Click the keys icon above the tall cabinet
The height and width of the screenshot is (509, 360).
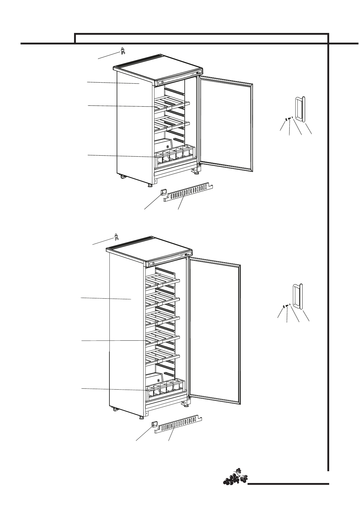pyautogui.click(x=116, y=237)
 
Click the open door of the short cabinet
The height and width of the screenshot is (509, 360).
pyautogui.click(x=225, y=124)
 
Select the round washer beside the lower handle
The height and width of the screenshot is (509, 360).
pyautogui.click(x=284, y=306)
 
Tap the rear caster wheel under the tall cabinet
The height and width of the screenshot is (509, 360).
pyautogui.click(x=115, y=409)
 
